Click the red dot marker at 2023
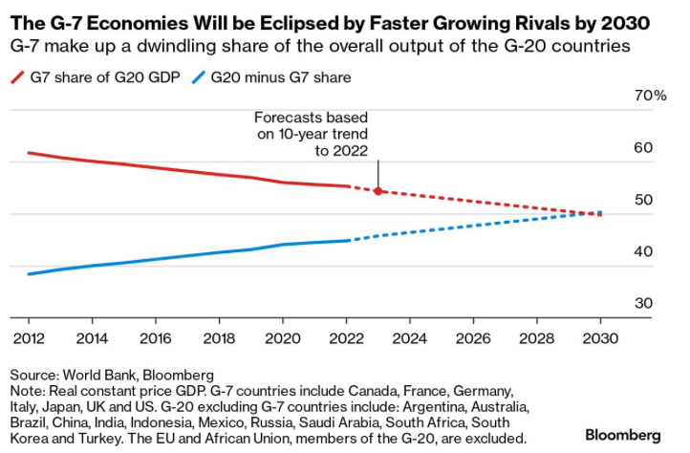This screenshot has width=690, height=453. [x=377, y=191]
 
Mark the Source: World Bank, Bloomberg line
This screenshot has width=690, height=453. [x=112, y=374]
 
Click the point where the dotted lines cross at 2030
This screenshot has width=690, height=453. [x=599, y=213]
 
